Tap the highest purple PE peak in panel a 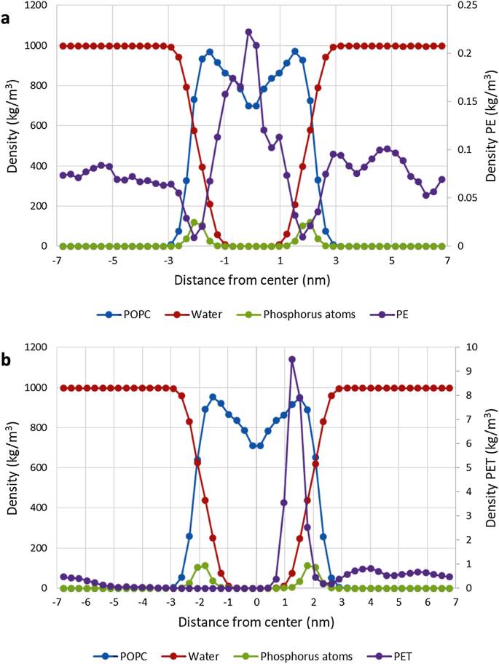click(248, 32)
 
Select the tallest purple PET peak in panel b click(292, 359)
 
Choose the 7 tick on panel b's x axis click(455, 602)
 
